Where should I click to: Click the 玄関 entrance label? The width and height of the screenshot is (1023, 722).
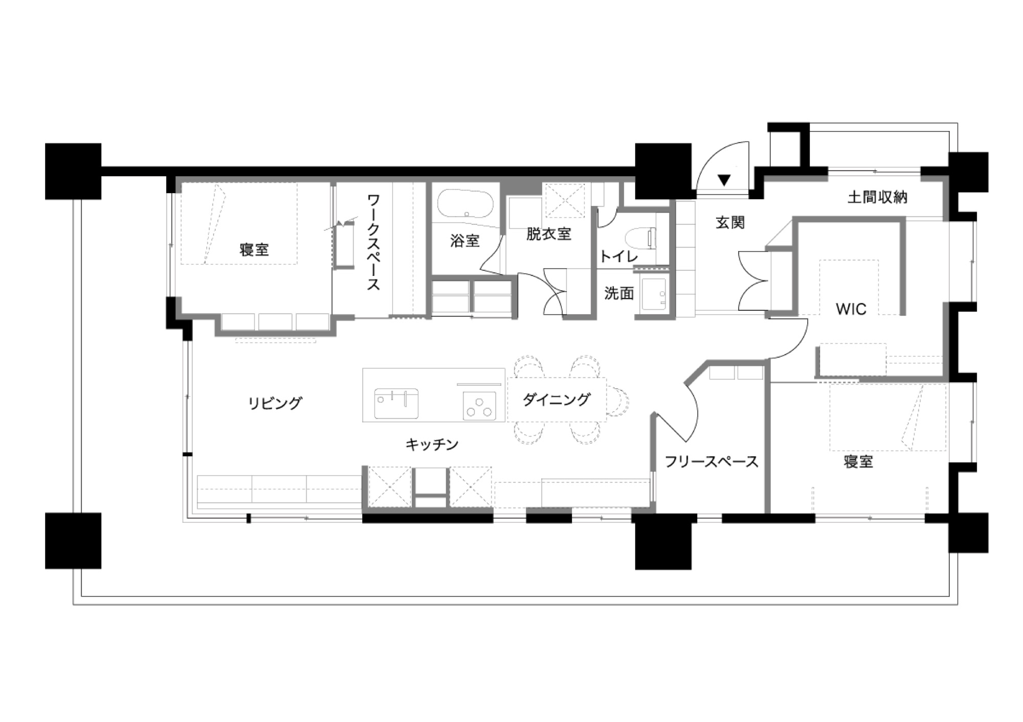730,223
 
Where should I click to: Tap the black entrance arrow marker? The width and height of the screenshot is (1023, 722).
724,180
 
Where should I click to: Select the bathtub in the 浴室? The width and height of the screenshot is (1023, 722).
465,204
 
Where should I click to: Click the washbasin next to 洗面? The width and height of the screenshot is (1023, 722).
654,295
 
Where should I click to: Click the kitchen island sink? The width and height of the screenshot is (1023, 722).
396,404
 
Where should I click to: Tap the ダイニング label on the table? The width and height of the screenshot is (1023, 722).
557,400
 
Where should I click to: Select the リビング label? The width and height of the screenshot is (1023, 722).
275,403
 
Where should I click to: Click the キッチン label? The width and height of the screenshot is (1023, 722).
432,445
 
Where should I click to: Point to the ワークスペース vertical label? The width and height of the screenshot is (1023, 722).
374,242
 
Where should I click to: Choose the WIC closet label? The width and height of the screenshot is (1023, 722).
851,309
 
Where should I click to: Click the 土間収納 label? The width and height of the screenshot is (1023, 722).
878,197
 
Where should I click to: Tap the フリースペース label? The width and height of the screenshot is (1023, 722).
711,462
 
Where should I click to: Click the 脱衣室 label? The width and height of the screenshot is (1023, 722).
549,234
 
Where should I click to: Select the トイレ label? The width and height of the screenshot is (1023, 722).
618,256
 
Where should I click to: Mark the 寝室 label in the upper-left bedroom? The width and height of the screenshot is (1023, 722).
254,250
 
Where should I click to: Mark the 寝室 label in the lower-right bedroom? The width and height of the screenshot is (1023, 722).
858,462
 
